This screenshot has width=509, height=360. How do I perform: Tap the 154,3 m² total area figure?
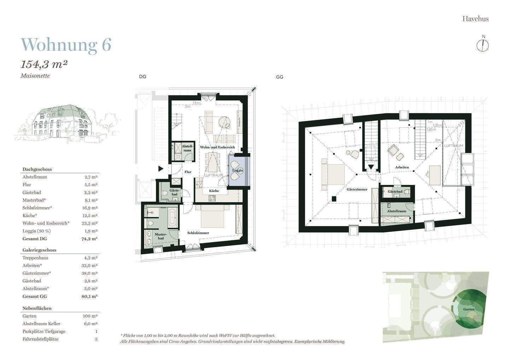click(x=44, y=65)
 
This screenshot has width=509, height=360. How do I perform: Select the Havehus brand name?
click(x=475, y=19)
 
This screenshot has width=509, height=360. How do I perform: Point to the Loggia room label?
click(x=238, y=170)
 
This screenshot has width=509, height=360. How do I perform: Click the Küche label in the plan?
click(x=214, y=191)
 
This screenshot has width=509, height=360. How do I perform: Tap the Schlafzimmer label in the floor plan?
click(x=198, y=233)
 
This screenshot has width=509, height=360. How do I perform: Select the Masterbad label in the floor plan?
click(x=161, y=236)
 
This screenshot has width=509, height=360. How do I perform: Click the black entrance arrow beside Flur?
click(x=161, y=169)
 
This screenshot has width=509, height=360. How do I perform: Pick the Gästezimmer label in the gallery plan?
click(x=357, y=189)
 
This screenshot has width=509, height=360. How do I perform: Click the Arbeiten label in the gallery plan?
click(x=402, y=167)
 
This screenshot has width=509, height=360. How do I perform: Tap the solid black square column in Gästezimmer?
click(x=334, y=199)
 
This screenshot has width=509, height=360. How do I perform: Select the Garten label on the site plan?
click(x=469, y=309)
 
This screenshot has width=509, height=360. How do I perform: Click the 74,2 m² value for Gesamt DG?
click(x=89, y=239)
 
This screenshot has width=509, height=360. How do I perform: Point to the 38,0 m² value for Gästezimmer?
click(x=89, y=273)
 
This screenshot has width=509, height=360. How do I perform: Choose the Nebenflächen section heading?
click(x=37, y=308)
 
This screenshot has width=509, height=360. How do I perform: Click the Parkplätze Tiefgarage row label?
click(x=44, y=331)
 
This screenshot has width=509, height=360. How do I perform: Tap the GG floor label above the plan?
click(x=280, y=77)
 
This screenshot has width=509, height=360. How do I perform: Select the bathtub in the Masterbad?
click(x=173, y=217)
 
